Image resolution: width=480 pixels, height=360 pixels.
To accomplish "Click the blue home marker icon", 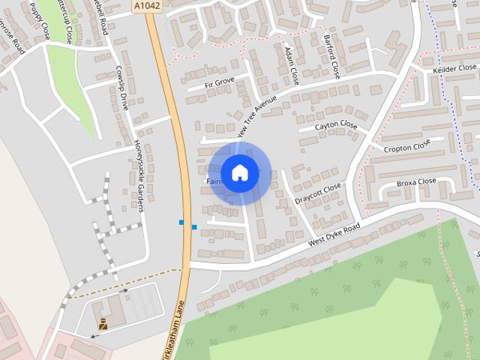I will click(240, 173).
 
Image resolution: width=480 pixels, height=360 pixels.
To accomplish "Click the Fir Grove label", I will click(220, 81).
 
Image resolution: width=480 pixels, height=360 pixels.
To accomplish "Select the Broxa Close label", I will click(416, 181).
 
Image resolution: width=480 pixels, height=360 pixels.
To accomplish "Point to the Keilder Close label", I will click(454, 68).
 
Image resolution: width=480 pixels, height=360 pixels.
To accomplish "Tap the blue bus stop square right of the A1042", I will click(194, 226).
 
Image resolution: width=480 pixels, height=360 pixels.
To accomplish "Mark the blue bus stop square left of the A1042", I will click(181, 222).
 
